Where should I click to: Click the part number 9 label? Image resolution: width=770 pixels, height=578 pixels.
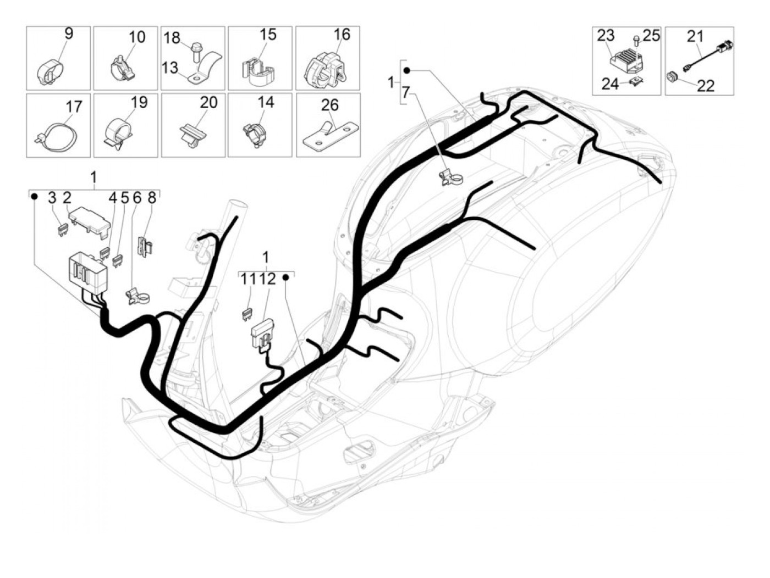click(68, 34)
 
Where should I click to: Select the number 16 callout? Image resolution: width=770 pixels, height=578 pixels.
click(342, 35)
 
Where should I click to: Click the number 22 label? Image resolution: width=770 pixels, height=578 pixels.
click(706, 85)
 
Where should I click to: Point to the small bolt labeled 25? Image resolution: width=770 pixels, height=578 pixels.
click(636, 39)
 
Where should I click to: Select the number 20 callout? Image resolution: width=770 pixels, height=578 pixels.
click(208, 103)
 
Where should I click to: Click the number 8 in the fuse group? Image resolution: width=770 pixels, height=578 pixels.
click(152, 198)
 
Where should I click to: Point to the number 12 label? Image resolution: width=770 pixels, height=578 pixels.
click(268, 279)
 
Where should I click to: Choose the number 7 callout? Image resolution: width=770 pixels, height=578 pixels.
click(406, 93)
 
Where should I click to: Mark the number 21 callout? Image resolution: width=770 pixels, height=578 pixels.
click(695, 37)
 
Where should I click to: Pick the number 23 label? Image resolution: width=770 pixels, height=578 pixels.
click(606, 36)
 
